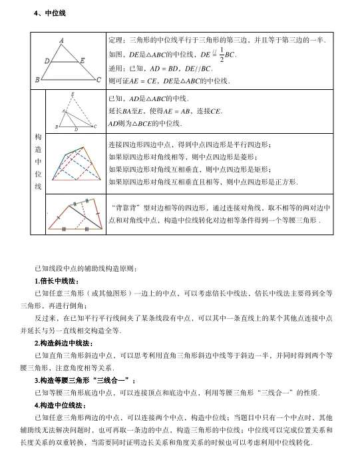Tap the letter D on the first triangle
[47, 61]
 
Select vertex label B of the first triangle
[38, 81]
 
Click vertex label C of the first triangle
[98, 81]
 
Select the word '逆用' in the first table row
[116, 68]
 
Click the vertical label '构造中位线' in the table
[38, 162]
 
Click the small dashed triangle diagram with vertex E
[75, 111]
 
